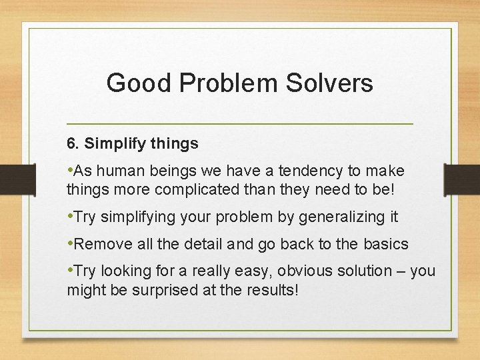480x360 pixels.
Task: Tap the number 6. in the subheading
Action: coord(73,143)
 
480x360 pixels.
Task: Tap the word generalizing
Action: coord(339,217)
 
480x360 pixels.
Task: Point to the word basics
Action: coord(386,244)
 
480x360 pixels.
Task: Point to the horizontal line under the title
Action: coord(240,124)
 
